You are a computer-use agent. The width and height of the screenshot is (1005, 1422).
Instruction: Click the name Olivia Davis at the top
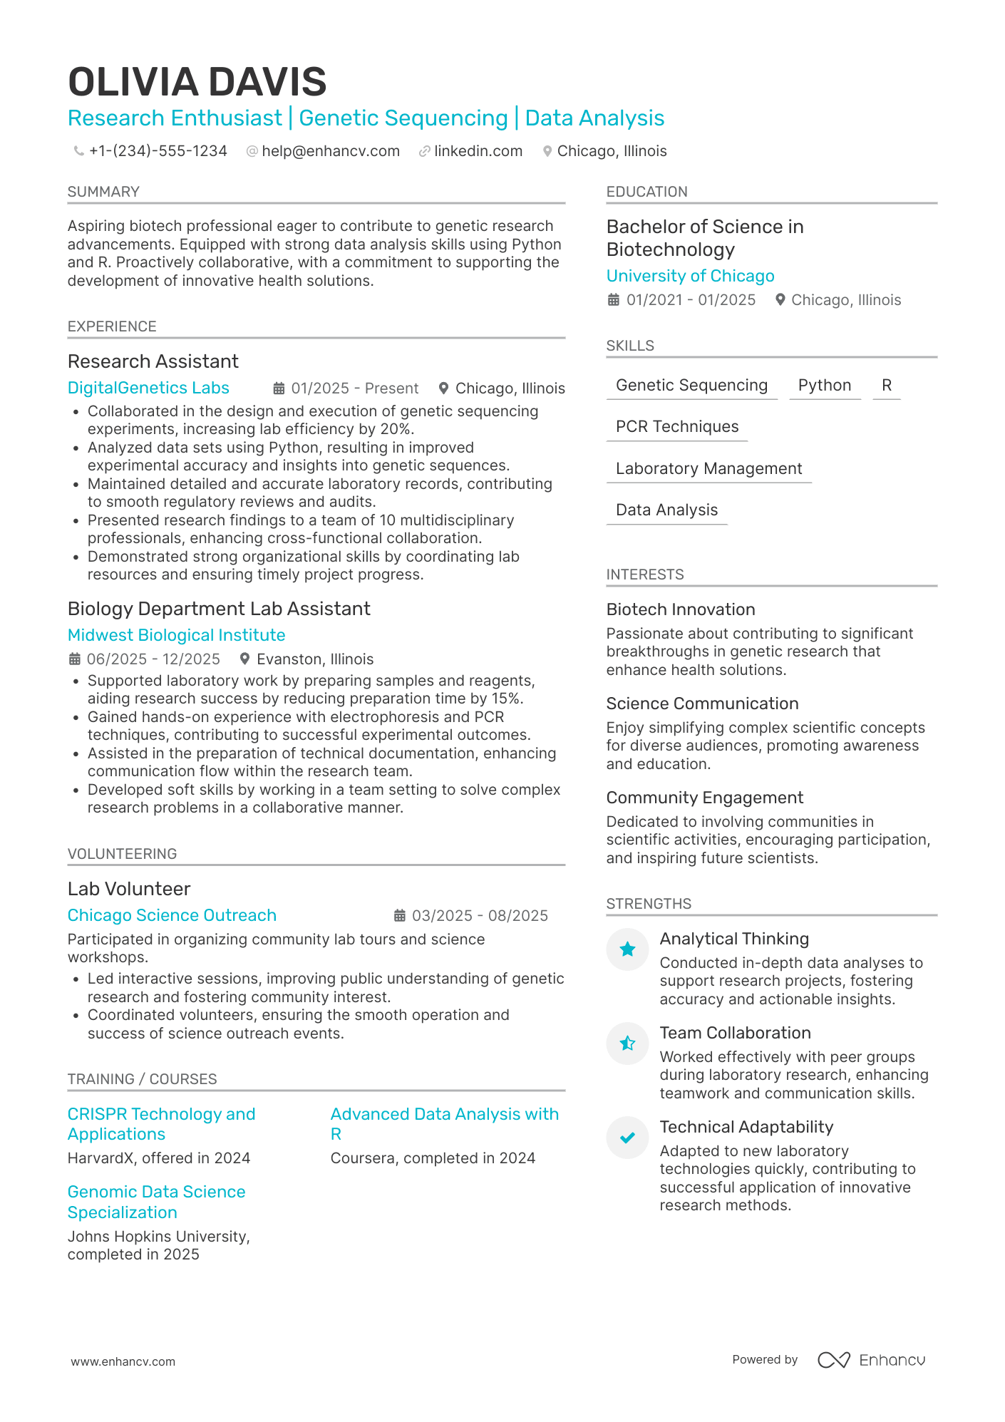click(197, 82)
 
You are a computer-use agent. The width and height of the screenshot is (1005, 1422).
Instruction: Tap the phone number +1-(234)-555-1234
click(158, 151)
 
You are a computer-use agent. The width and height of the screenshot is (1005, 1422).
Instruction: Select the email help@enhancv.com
click(330, 151)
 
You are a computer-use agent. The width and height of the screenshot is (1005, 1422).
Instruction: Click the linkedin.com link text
click(478, 151)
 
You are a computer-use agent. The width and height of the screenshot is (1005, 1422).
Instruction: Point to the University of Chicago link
click(690, 276)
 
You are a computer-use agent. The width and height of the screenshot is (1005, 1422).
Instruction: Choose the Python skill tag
click(824, 386)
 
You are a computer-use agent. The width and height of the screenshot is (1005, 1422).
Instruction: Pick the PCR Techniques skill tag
click(676, 427)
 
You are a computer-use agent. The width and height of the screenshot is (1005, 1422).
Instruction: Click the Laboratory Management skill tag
click(708, 469)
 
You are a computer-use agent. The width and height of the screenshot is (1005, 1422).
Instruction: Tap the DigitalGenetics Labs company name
click(148, 388)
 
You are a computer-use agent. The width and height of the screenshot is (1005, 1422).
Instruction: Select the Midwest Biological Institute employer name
click(176, 635)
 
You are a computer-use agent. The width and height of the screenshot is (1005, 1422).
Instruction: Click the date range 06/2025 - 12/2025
click(153, 659)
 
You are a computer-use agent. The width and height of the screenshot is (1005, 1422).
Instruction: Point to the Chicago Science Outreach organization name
click(172, 915)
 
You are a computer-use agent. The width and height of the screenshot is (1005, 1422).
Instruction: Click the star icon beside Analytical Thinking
click(627, 949)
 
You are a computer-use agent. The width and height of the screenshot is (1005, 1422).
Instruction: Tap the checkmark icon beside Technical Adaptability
click(627, 1138)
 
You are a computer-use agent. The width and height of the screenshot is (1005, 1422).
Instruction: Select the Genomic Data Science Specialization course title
click(156, 1202)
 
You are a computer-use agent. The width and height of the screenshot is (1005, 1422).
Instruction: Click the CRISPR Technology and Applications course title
click(161, 1124)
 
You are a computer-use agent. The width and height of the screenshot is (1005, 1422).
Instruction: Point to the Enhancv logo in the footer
click(871, 1360)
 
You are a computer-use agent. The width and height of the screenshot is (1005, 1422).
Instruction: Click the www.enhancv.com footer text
click(123, 1361)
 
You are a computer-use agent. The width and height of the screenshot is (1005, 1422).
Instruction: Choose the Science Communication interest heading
click(702, 704)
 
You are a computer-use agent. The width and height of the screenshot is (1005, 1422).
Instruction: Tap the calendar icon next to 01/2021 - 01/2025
click(613, 300)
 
